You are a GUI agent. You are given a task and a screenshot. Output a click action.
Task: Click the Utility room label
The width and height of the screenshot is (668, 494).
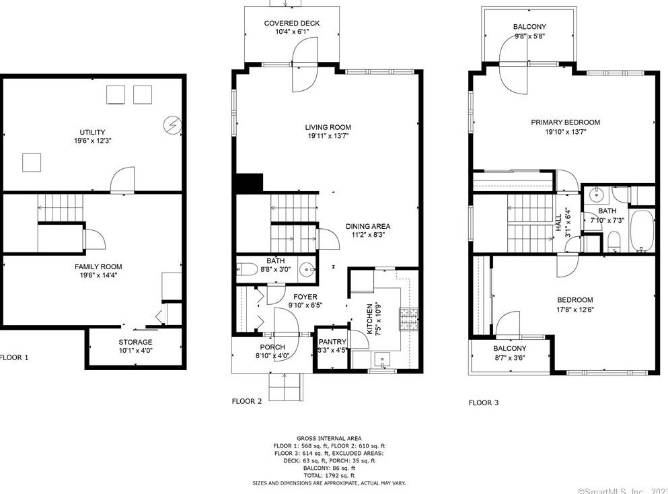[x=91, y=132]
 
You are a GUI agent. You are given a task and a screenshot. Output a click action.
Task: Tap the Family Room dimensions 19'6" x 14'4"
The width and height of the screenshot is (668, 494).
[x=98, y=276]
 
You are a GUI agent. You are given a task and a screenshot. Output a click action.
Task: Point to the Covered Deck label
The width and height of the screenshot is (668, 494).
[x=291, y=24]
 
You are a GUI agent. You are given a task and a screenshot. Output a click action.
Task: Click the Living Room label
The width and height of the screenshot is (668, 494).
[x=328, y=127]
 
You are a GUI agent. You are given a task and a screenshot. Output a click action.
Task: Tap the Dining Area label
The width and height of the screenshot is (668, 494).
[x=368, y=226]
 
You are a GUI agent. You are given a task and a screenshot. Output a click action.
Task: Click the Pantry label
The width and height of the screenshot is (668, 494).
[x=332, y=342]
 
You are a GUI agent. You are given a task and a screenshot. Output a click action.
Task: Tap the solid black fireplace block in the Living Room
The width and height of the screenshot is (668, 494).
[x=248, y=183]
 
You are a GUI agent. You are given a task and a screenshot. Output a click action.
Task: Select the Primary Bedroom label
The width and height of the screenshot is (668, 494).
[x=565, y=122]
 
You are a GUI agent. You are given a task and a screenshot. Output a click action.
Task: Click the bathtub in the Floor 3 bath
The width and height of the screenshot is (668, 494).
[x=640, y=232]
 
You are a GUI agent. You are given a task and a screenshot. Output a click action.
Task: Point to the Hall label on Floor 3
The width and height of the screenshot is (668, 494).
[x=558, y=223]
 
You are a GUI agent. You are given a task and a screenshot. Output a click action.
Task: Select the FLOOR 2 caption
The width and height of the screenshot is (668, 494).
[x=247, y=401]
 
